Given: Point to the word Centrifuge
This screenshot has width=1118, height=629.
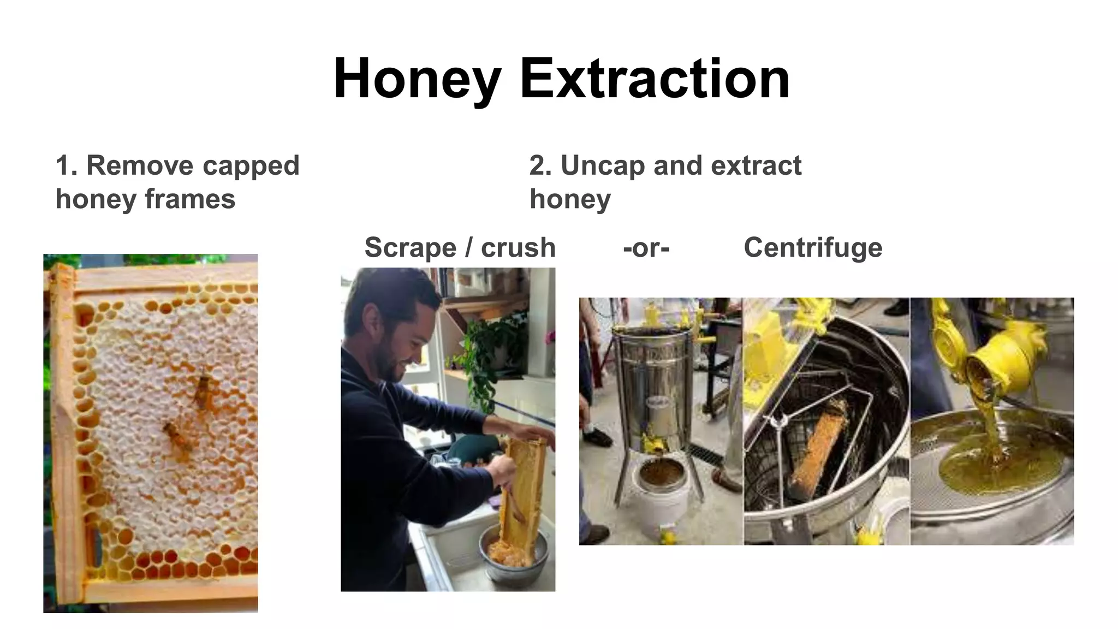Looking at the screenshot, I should click(813, 247).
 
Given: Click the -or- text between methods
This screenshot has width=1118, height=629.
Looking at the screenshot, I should click(646, 248).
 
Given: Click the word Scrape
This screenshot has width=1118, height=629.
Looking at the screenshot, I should click(410, 247).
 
